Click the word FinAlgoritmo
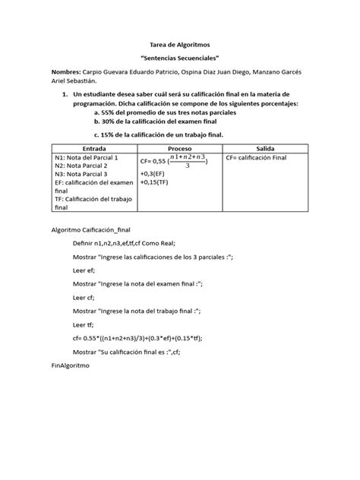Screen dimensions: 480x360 [68, 365]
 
